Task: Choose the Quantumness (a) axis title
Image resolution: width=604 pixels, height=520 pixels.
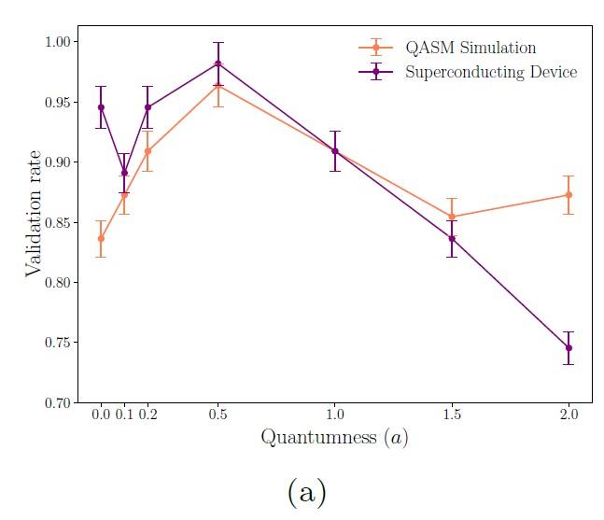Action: (x=334, y=437)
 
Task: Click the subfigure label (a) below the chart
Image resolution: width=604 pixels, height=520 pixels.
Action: (x=307, y=492)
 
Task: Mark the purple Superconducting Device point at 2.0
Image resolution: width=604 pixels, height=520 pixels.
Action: (x=569, y=348)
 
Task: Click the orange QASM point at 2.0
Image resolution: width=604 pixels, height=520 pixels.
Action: (x=569, y=195)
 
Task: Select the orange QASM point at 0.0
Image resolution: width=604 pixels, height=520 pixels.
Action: (x=101, y=238)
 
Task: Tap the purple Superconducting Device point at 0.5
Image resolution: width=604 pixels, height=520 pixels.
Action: (x=218, y=63)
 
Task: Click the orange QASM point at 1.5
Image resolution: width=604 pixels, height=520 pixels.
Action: (x=452, y=217)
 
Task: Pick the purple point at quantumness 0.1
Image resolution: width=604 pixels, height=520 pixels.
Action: (x=124, y=173)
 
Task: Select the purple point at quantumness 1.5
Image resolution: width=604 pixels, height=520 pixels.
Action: (x=452, y=239)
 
